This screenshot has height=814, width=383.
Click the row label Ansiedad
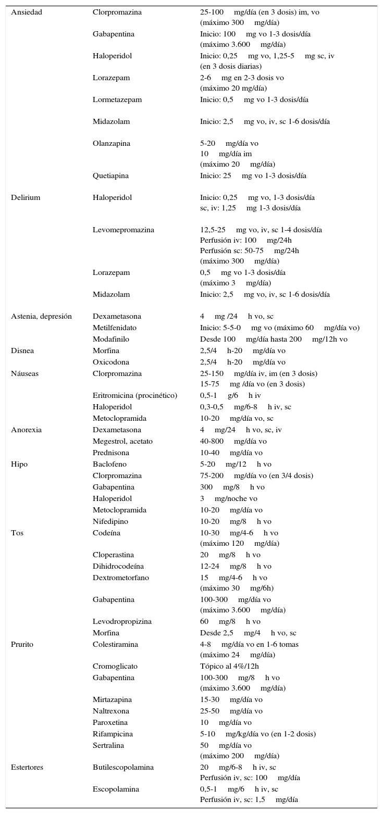tap(27, 12)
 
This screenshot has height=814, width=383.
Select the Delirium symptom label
tap(26, 197)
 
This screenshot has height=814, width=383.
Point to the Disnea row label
tap(22, 350)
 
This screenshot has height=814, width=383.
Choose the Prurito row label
tap(22, 644)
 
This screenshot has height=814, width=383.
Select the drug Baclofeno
tap(109, 464)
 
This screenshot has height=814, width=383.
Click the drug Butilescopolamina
tap(123, 767)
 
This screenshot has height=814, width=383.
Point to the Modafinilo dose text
tap(274, 339)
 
